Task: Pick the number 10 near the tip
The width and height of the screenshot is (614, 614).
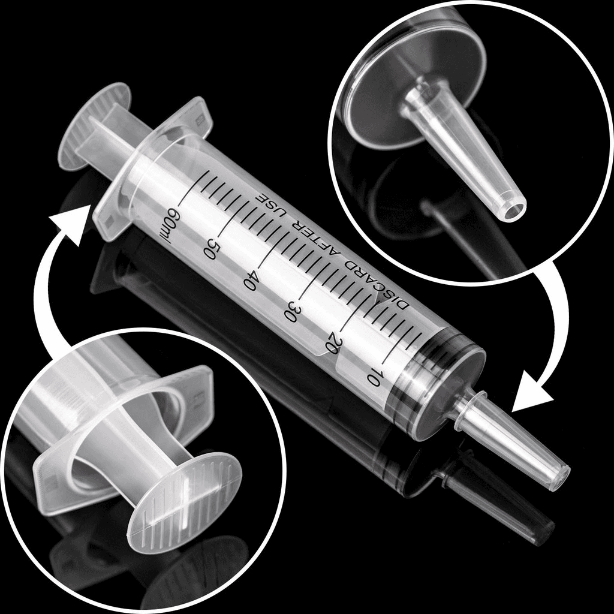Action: (x=374, y=377)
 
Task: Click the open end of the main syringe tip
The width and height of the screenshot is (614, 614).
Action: (x=561, y=477)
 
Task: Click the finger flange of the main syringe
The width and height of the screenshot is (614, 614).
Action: (x=150, y=168)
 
